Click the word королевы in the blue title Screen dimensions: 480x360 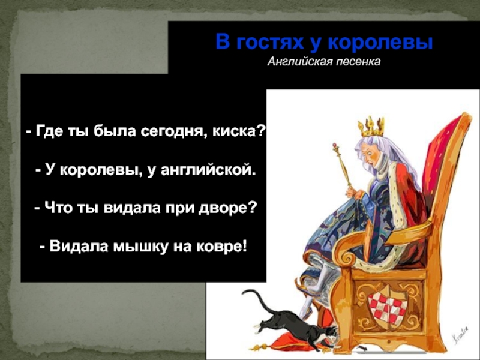pyautogui.click(x=381, y=42)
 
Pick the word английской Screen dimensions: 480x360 pyautogui.click(x=207, y=170)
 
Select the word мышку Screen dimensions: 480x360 pyautogui.click(x=141, y=247)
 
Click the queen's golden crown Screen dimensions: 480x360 pyautogui.click(x=371, y=127)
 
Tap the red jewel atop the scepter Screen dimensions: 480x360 pyautogui.click(x=335, y=145)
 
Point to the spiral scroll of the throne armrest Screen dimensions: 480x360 pyautogui.click(x=348, y=257)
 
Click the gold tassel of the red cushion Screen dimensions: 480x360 pyautogui.click(x=260, y=347)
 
